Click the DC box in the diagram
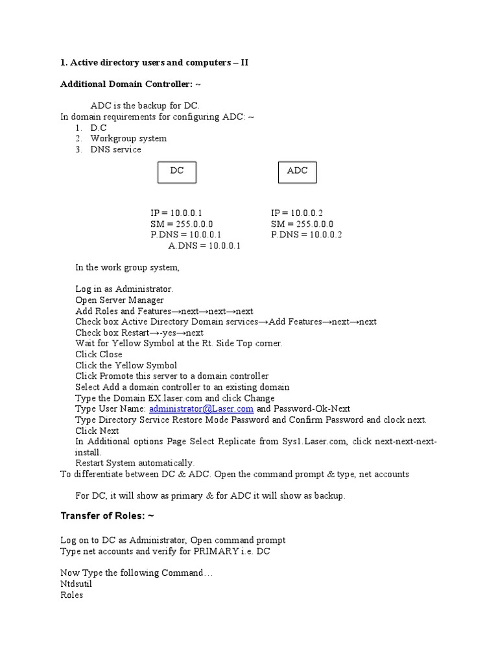coord(177,172)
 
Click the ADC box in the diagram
coord(297,172)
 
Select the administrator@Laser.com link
coord(201,409)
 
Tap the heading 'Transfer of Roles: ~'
coord(107,516)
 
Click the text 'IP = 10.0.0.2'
coord(297,213)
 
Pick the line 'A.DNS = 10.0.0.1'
coord(204,246)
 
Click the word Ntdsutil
coord(76,584)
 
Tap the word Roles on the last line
coord(71,595)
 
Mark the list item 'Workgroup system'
coord(128,139)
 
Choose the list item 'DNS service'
coord(115,150)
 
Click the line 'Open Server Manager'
coord(119,300)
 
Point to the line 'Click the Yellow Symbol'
coord(126,366)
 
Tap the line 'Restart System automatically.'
coord(135,463)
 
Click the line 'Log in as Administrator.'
coord(124,289)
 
